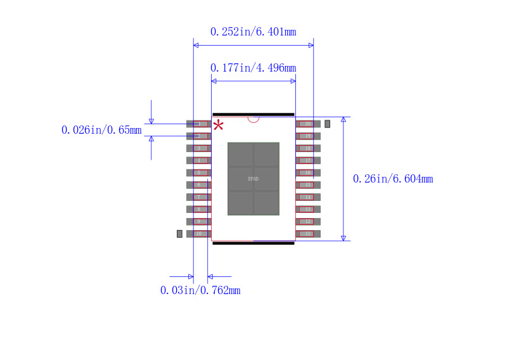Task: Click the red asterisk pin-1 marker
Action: pos(219,125)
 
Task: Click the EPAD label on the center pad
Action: pos(253,179)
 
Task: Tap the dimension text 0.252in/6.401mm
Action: pos(253,32)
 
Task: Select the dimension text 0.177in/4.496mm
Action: pos(253,68)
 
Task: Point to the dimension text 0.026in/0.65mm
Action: pos(101,130)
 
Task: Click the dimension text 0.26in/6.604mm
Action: pos(393,179)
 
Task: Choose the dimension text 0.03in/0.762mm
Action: pos(200,290)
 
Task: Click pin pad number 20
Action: pos(308,124)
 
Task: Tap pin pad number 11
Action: pos(308,234)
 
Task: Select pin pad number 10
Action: pos(198,234)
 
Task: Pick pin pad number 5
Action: pos(198,172)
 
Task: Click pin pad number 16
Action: pos(308,172)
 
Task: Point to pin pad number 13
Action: pos(308,209)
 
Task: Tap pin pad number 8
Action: pos(198,209)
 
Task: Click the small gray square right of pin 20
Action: pos(328,124)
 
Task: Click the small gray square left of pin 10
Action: pos(179,234)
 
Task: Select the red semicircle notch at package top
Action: pos(253,119)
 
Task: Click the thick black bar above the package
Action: pos(253,114)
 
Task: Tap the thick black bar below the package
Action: pos(253,243)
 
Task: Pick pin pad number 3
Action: pos(198,148)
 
